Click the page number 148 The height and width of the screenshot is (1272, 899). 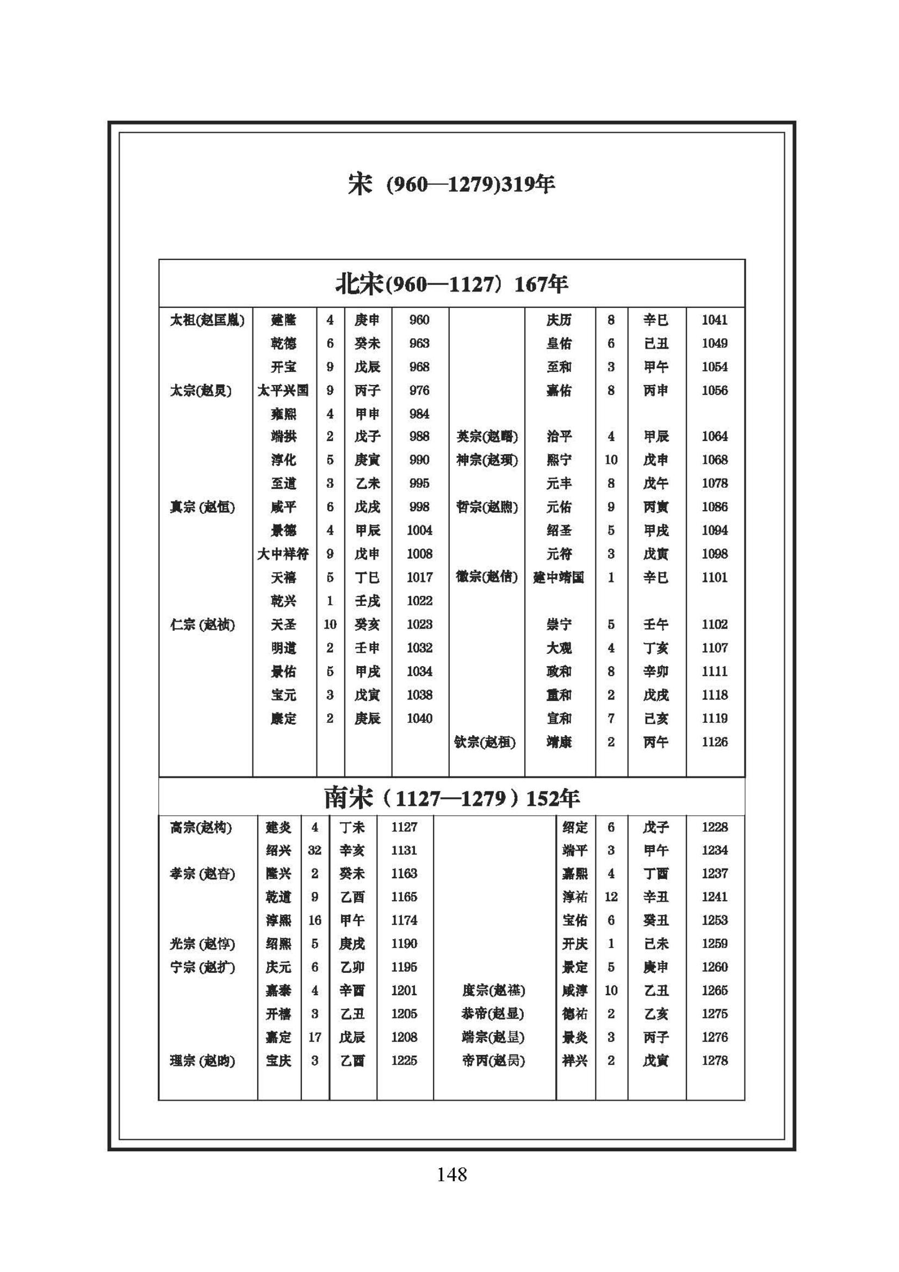coord(451,1174)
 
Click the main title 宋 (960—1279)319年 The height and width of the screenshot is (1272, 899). coord(451,184)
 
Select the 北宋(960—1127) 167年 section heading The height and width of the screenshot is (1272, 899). coord(451,284)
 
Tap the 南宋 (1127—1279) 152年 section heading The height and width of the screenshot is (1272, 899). coord(451,798)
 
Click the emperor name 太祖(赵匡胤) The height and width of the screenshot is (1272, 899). coord(207,320)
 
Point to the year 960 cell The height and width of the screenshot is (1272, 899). coord(419,320)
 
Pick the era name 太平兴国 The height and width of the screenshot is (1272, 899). coord(283,390)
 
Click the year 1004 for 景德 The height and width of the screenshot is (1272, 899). coord(419,530)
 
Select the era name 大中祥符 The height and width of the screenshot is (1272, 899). coord(283,554)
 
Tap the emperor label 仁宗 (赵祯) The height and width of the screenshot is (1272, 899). coord(202,625)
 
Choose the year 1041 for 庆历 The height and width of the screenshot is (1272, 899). coord(715,320)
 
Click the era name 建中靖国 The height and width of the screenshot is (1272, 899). coord(559,578)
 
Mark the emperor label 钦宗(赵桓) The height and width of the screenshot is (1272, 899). coord(485,742)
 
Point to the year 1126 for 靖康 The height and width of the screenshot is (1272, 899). coord(715,742)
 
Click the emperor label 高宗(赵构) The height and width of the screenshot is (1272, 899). coord(201,828)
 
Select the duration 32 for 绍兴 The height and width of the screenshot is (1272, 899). coord(314,851)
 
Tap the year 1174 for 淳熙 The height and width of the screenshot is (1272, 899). coord(404,920)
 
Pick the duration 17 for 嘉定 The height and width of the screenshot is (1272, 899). coord(314,1037)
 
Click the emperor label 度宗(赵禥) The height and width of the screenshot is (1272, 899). coord(493,990)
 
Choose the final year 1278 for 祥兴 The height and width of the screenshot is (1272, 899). coord(715,1060)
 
